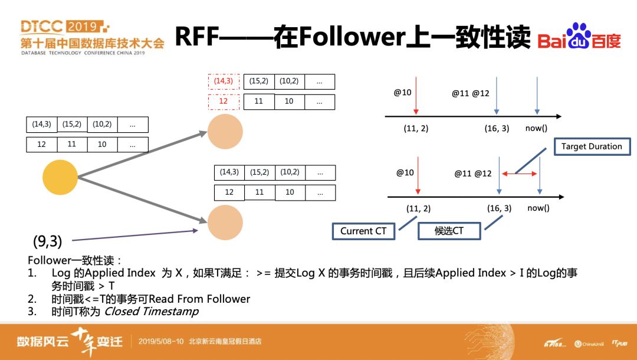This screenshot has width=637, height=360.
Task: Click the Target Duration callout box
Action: point(592,146)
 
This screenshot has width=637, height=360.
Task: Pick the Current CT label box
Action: point(363,231)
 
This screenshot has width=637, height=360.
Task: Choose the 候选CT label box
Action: point(449,231)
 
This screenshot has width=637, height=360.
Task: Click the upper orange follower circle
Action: point(225,132)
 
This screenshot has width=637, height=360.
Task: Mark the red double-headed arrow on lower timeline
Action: point(520,174)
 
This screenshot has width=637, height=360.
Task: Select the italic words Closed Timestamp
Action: point(152,311)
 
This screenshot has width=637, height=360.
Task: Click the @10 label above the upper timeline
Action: point(403,93)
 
